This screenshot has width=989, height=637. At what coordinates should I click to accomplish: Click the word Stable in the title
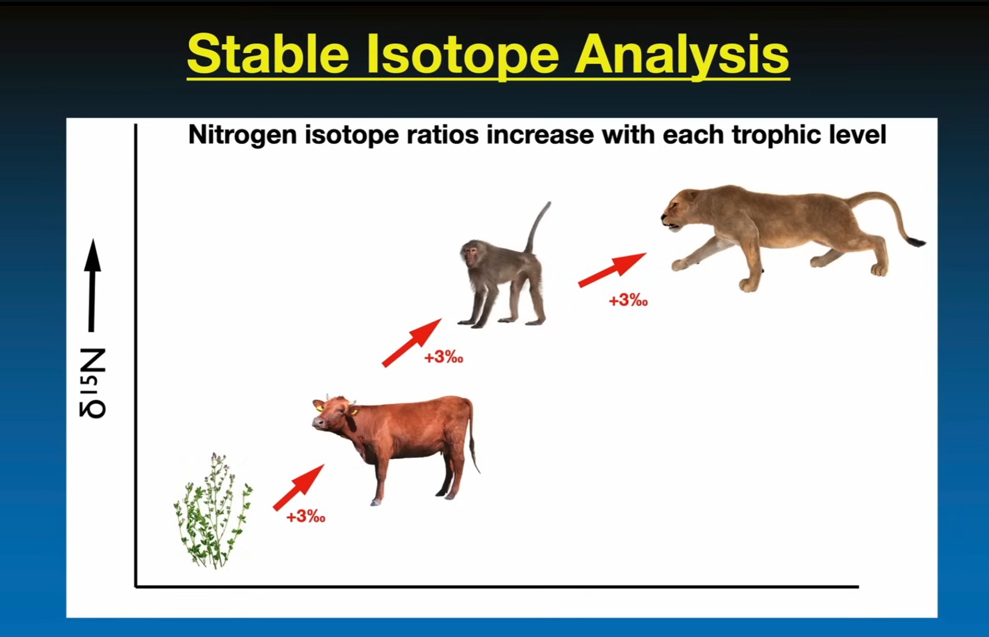pyautogui.click(x=268, y=53)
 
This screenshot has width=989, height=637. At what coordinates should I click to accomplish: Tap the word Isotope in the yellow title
pyautogui.click(x=463, y=54)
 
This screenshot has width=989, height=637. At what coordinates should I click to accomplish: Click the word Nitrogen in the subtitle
pyautogui.click(x=243, y=135)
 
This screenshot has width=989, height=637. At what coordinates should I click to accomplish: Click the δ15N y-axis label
pyautogui.click(x=93, y=382)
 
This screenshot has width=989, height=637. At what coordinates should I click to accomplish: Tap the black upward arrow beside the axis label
pyautogui.click(x=92, y=285)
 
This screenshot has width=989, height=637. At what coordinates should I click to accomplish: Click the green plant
pyautogui.click(x=213, y=510)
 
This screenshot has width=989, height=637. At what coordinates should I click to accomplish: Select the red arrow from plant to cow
pyautogui.click(x=299, y=487)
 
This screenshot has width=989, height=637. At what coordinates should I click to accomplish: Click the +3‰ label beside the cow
pyautogui.click(x=306, y=517)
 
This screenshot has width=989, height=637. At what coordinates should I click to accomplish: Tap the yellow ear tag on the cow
pyautogui.click(x=319, y=407)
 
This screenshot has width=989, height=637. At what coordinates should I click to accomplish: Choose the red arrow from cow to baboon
pyautogui.click(x=412, y=342)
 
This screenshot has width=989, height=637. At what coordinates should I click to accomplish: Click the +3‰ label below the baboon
pyautogui.click(x=444, y=358)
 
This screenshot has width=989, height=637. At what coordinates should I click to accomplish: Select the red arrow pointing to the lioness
pyautogui.click(x=612, y=269)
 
